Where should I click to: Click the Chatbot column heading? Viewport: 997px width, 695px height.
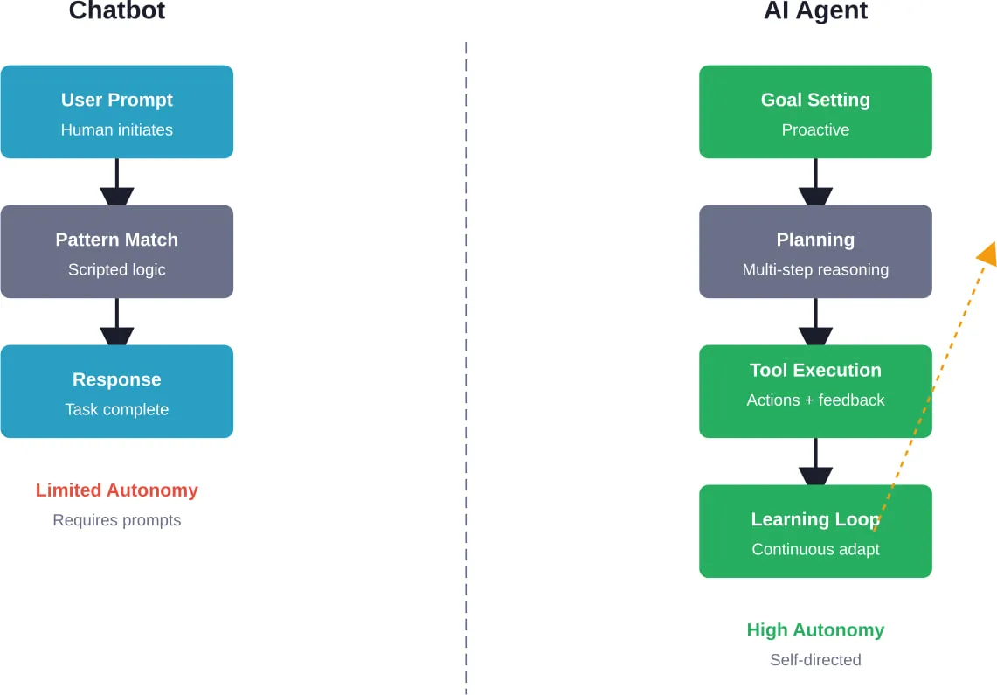(116, 11)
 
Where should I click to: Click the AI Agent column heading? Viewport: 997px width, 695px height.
(815, 11)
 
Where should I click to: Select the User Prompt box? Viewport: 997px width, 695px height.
(116, 112)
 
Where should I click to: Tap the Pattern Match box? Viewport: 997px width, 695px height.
(116, 252)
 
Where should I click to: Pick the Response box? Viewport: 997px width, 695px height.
(116, 392)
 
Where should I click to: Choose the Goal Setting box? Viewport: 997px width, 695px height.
(815, 112)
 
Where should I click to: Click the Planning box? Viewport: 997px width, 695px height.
(815, 252)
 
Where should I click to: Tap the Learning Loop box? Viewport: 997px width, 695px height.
(815, 532)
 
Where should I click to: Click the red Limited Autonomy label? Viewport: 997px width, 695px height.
(116, 490)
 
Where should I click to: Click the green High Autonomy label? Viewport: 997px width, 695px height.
(815, 630)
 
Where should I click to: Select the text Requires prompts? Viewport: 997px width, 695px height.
(116, 520)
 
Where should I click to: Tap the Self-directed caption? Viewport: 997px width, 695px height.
(815, 660)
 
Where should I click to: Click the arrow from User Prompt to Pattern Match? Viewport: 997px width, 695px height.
(116, 183)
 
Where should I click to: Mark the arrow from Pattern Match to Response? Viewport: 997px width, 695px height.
(116, 323)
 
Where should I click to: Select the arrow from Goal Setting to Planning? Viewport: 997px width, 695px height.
(815, 183)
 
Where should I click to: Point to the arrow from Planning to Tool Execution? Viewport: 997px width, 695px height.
(815, 323)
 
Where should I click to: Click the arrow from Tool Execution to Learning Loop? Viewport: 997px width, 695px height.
(815, 462)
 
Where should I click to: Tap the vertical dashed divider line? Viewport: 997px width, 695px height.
(466, 367)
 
